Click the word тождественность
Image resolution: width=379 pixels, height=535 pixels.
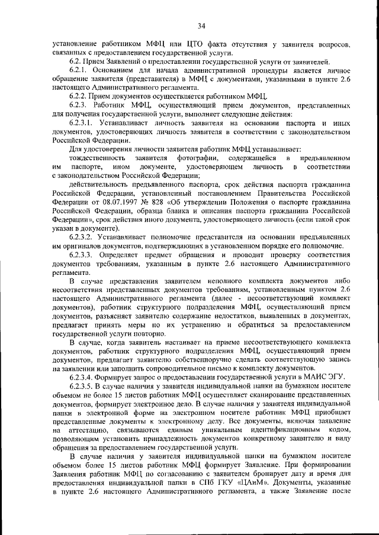pyautogui.click(x=97, y=158)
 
